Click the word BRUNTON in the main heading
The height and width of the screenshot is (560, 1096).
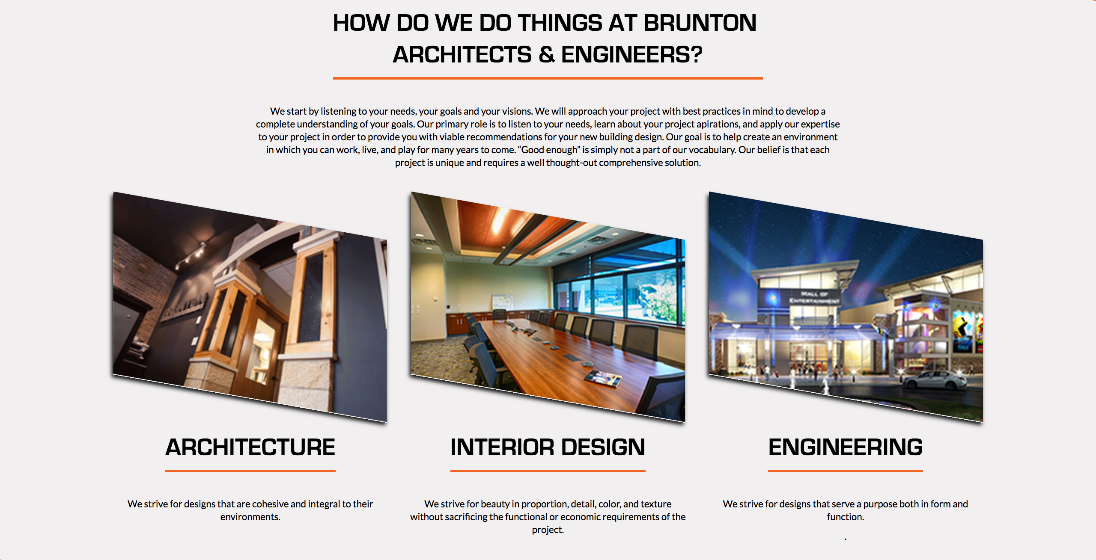[700, 23]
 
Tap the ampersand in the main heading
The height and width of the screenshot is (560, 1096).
[546, 55]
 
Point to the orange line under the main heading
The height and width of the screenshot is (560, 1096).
[548, 78]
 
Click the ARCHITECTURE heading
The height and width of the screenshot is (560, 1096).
[250, 447]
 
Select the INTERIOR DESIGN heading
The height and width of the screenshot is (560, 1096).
[548, 447]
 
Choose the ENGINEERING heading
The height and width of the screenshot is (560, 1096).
[846, 447]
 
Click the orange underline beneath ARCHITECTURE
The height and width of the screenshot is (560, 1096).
[250, 471]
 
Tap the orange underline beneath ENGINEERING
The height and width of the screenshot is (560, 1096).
[846, 471]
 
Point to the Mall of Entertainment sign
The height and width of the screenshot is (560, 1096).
[814, 297]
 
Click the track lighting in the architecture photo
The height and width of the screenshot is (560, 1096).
[191, 254]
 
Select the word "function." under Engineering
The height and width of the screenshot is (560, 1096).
[846, 517]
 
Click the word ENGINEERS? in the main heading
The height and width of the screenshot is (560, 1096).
[632, 55]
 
